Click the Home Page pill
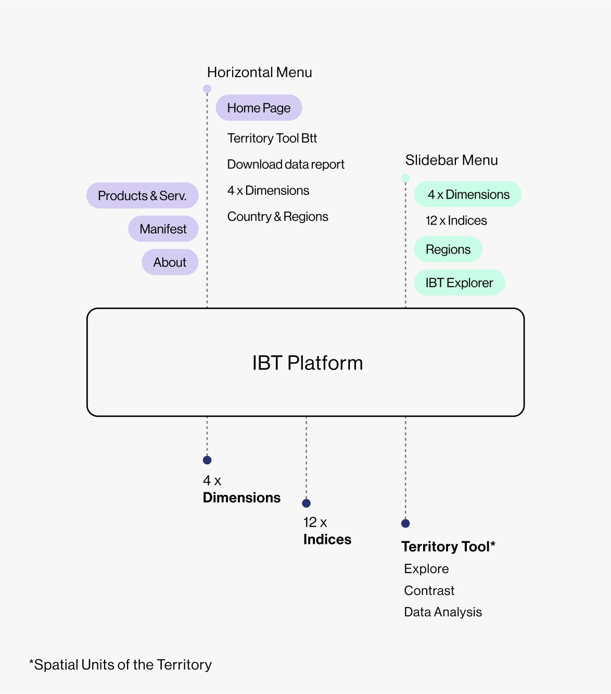click(x=259, y=108)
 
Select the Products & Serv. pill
click(x=142, y=196)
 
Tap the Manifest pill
click(x=163, y=229)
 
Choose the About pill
click(x=170, y=262)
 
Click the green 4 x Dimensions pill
click(x=468, y=194)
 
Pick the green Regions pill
click(x=448, y=250)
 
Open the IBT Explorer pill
click(x=459, y=283)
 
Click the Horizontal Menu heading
click(x=259, y=72)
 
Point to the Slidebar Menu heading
click(x=451, y=160)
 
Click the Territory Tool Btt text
click(x=272, y=138)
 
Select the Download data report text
click(x=286, y=165)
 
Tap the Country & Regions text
click(x=277, y=217)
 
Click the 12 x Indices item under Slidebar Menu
click(x=456, y=221)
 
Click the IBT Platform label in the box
click(x=307, y=363)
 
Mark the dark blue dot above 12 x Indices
click(x=307, y=503)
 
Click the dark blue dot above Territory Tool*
click(x=405, y=524)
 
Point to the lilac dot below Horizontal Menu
click(x=207, y=89)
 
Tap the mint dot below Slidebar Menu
click(x=405, y=178)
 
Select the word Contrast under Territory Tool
click(x=429, y=591)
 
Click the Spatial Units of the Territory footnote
click(x=121, y=665)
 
